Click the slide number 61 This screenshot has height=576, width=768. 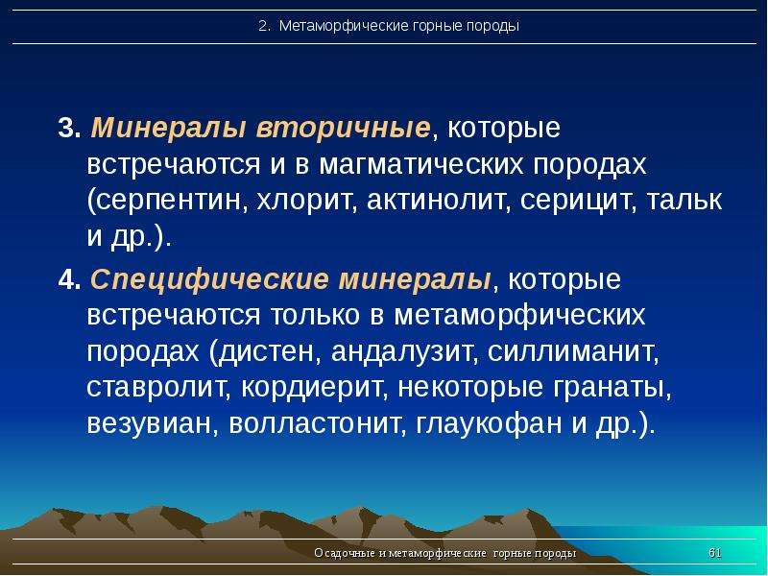tap(715, 553)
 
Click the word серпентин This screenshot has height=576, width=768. tap(170, 201)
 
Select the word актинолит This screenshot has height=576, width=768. tap(436, 200)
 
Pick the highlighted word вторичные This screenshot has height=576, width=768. tap(343, 130)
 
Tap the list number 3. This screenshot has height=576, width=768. tap(69, 129)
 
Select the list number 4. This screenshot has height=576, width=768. tap(69, 280)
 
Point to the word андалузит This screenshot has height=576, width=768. tap(402, 351)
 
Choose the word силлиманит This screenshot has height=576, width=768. tap(571, 351)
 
